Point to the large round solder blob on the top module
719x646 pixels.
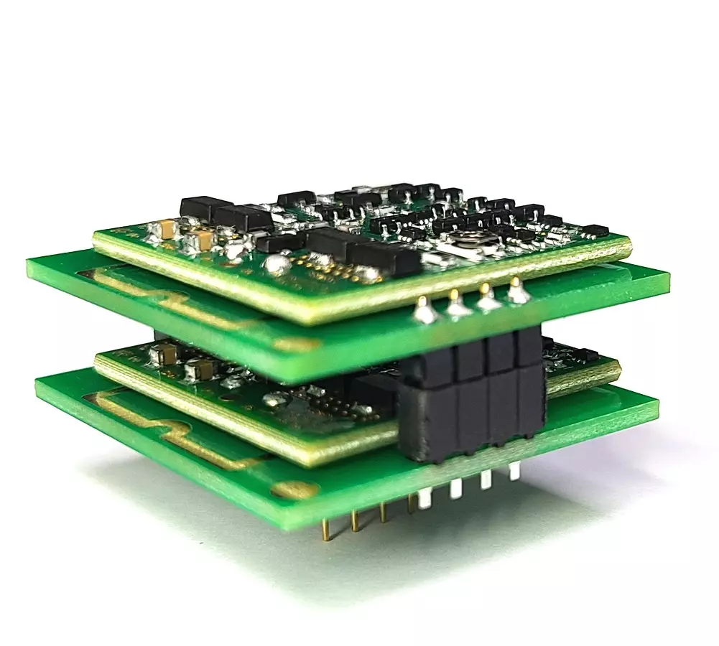click(277, 266)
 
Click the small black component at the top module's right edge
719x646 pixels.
click(595, 231)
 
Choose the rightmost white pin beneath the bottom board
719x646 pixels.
click(514, 472)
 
